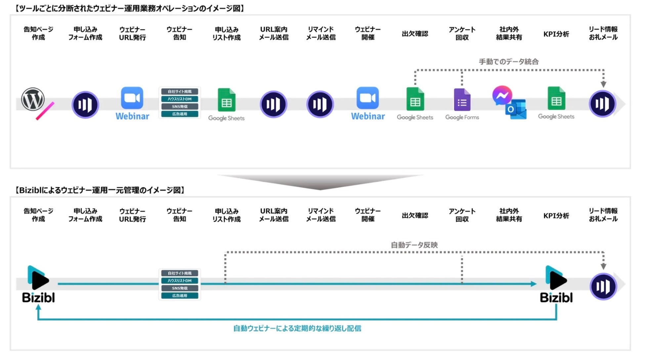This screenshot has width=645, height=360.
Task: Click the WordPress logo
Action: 33,99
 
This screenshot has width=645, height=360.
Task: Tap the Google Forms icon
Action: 462,100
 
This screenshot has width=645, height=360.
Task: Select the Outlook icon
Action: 516,109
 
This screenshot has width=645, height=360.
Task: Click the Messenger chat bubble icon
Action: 502,96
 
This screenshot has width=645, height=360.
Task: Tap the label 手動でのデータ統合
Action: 508,62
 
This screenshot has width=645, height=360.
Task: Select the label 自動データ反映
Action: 414,245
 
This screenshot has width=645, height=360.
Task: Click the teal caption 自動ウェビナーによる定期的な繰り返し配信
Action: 297,328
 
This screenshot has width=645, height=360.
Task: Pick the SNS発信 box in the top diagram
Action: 180,107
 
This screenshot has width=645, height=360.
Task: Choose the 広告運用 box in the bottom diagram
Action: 180,295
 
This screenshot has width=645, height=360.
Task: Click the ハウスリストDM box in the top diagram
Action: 180,99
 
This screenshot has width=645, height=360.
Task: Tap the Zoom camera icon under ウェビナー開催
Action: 367,98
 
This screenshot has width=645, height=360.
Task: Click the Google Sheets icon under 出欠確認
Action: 415,99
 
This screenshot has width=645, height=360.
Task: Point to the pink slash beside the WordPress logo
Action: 45,111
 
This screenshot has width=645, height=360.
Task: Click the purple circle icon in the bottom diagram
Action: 603,286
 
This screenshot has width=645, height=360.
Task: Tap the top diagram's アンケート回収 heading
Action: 462,33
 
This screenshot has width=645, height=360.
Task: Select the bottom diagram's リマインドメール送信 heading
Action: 321,215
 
